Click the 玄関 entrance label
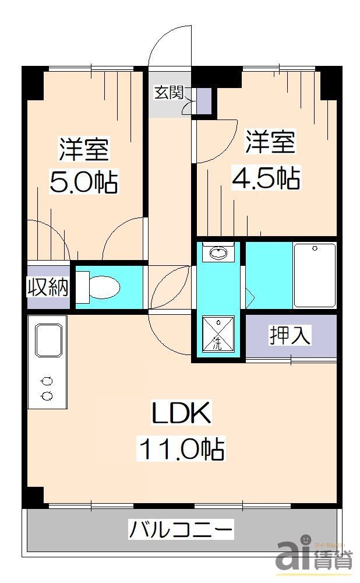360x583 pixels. point(169,92)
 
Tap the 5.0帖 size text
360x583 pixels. point(83,182)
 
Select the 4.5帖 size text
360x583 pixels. point(267,178)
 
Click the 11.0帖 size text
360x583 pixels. point(181,449)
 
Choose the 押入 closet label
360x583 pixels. point(290,335)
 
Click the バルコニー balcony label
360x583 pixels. point(181,531)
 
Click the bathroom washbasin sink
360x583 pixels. point(218,254)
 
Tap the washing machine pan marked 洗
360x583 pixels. point(218,333)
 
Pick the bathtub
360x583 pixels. point(315,275)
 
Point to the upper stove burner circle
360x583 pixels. point(47,381)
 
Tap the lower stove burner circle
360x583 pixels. point(47,396)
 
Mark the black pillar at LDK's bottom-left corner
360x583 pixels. point(33,496)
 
